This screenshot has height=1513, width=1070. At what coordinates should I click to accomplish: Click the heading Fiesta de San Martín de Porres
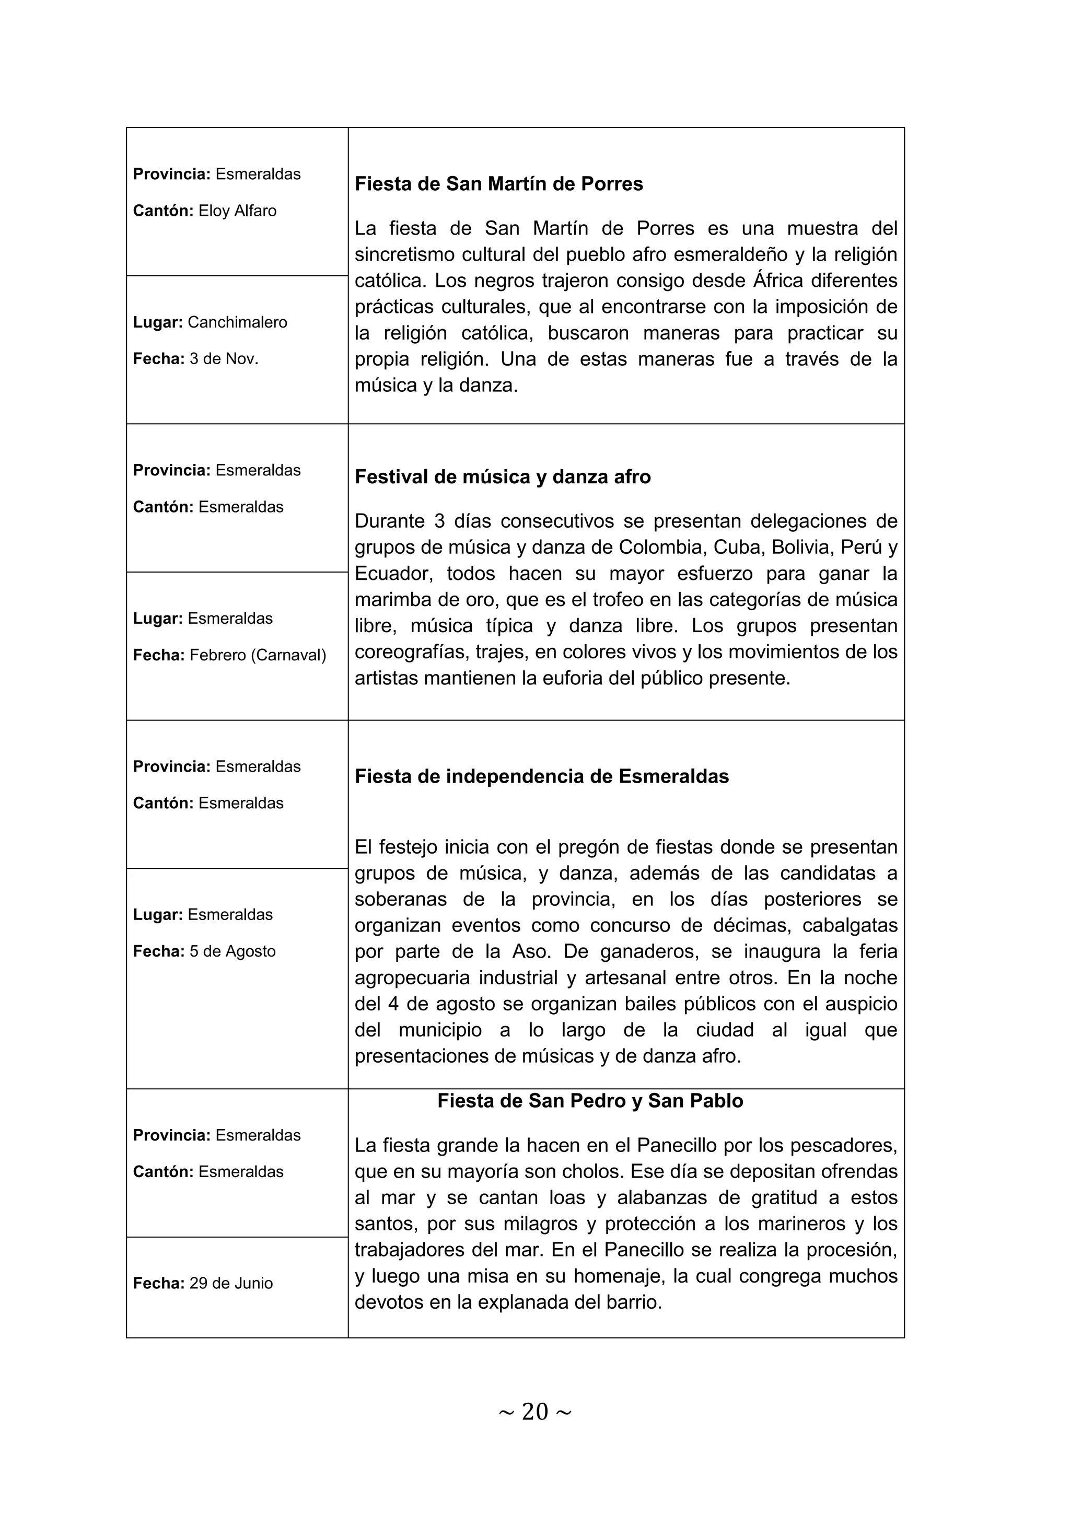tap(499, 184)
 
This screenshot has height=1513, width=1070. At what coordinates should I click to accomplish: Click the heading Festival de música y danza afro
tap(503, 477)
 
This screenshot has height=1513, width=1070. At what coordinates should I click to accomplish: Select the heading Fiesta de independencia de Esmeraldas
tap(542, 776)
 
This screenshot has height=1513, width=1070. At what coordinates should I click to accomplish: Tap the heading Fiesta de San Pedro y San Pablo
tap(590, 1101)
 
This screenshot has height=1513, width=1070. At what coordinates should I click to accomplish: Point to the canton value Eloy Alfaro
tap(237, 211)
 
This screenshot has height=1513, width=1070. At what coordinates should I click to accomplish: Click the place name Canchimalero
tap(237, 322)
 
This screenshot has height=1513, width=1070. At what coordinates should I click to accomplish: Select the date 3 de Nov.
tap(224, 359)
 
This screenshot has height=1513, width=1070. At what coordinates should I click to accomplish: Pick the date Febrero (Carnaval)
tap(258, 655)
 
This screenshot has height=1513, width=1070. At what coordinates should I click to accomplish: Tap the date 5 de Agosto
tap(232, 951)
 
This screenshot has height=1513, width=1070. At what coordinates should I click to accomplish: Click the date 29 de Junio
tap(230, 1283)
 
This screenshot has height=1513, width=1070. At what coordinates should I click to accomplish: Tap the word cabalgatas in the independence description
tap(850, 925)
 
